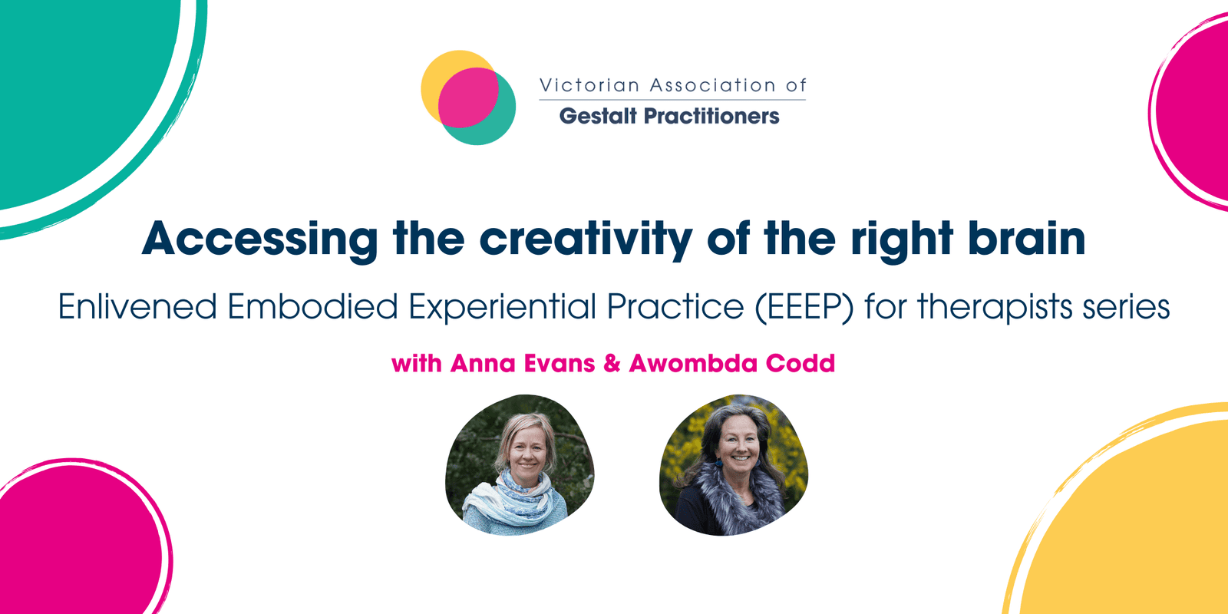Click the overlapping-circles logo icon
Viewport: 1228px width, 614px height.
pos(468,97)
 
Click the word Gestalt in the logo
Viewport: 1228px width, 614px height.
pos(598,116)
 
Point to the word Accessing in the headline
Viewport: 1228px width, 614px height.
pos(260,239)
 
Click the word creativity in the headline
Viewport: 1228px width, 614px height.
pos(586,239)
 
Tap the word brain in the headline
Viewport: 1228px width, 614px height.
pos(1026,238)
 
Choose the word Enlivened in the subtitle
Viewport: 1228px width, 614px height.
pos(137,306)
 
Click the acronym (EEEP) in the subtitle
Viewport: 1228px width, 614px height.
pos(804,306)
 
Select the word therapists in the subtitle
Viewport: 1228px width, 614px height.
pos(995,306)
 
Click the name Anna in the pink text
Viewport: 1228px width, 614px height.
pos(483,364)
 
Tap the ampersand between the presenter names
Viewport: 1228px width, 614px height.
pos(612,364)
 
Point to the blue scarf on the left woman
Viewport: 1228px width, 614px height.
pos(510,502)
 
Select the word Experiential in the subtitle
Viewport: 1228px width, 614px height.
pos(503,306)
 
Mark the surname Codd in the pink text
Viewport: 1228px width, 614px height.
pos(801,364)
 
